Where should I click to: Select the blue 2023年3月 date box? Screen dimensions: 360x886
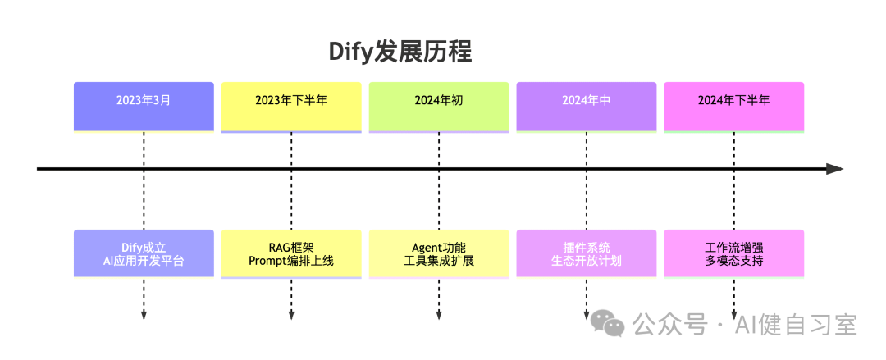click(x=144, y=106)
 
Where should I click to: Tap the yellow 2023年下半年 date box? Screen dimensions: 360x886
click(x=291, y=106)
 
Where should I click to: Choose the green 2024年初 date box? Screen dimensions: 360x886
click(x=439, y=106)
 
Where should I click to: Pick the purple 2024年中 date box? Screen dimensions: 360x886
click(x=587, y=106)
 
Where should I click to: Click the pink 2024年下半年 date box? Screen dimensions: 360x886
click(x=733, y=106)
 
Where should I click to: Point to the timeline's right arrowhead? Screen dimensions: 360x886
click(x=835, y=169)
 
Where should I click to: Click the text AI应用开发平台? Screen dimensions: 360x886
click(x=144, y=262)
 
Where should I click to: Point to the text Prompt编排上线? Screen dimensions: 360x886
click(x=291, y=262)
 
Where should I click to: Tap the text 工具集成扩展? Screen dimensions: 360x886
click(x=439, y=262)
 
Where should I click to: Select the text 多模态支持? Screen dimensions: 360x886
click(x=733, y=262)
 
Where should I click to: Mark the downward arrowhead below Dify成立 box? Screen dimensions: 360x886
click(x=144, y=315)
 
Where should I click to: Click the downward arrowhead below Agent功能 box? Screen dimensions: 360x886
click(x=439, y=315)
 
